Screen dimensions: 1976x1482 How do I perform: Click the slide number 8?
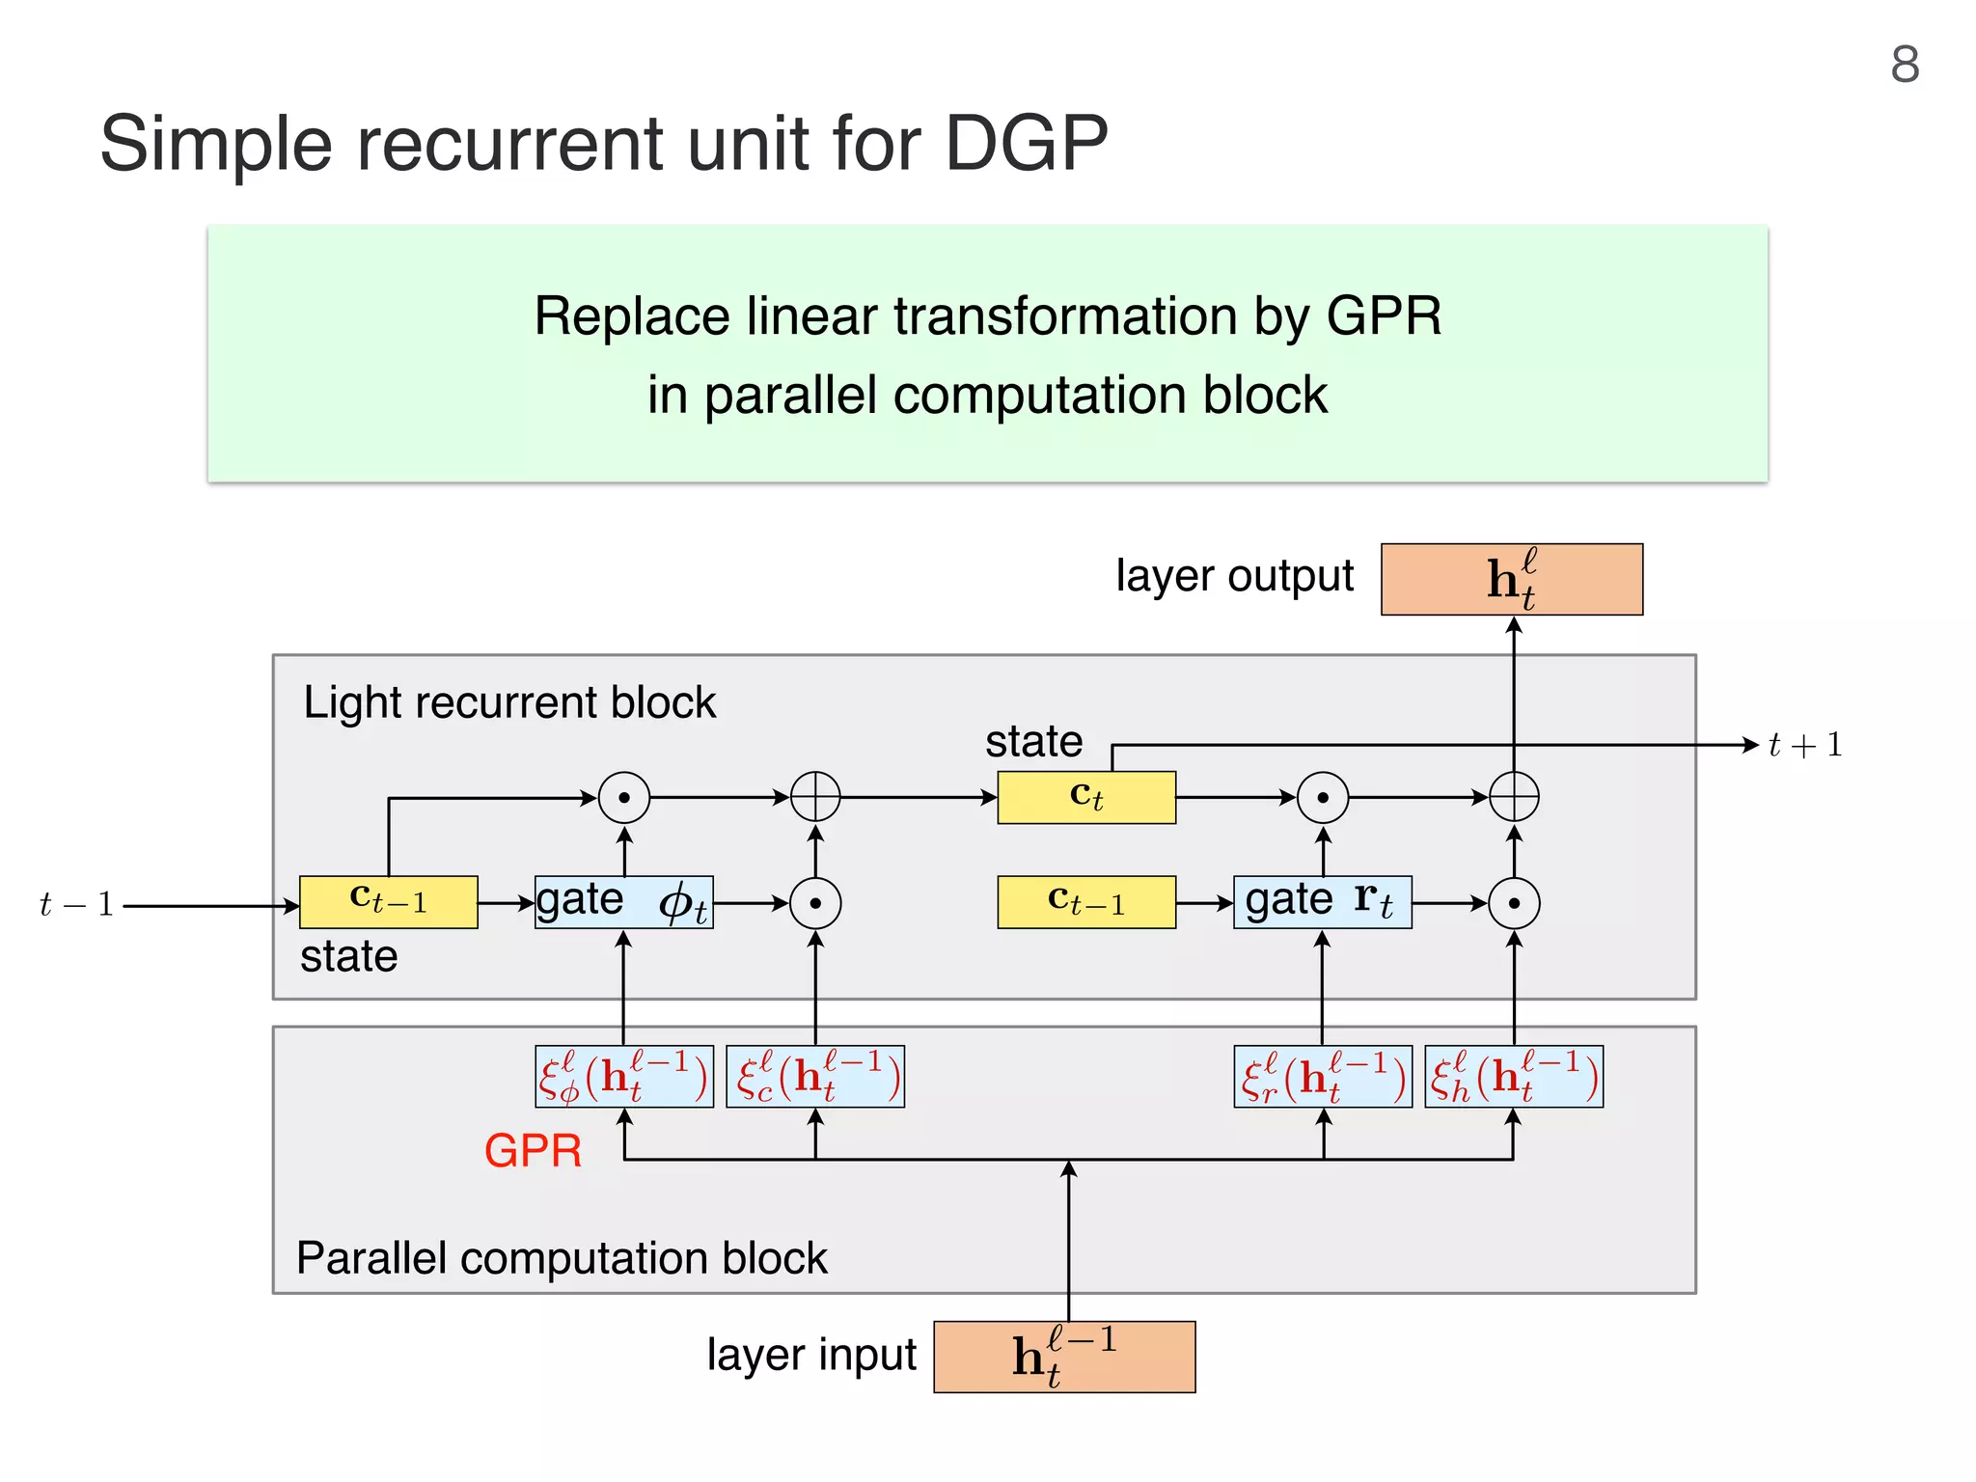coord(1905,65)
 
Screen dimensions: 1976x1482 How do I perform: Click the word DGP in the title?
coord(1027,143)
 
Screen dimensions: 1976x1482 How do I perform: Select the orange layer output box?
coord(1512,579)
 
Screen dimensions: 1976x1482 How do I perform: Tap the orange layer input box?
coord(1064,1357)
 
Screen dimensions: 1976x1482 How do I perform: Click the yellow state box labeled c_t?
coord(1086,797)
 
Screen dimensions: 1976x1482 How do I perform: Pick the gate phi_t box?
coord(624,902)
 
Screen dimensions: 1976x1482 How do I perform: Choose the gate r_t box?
coord(1322,902)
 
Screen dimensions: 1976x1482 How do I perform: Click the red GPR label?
coord(533,1150)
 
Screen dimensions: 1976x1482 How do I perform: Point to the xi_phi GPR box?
coord(624,1076)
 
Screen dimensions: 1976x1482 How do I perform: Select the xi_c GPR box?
coord(815,1076)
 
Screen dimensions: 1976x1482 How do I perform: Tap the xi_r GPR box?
coord(1323,1076)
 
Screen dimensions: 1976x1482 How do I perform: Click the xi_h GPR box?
coord(1514,1076)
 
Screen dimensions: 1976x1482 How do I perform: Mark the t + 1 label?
coord(1805,745)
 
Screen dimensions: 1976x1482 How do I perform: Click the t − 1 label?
coord(76,905)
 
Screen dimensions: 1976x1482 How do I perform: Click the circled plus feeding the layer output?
coord(1514,797)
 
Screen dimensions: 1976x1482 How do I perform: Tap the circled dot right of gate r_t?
coord(1514,903)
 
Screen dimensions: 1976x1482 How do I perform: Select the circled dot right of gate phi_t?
coord(815,903)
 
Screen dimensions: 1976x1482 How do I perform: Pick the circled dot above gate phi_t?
coord(624,797)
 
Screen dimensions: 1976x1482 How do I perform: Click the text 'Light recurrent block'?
coord(509,702)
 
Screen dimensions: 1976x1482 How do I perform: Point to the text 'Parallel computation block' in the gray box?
coord(562,1258)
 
